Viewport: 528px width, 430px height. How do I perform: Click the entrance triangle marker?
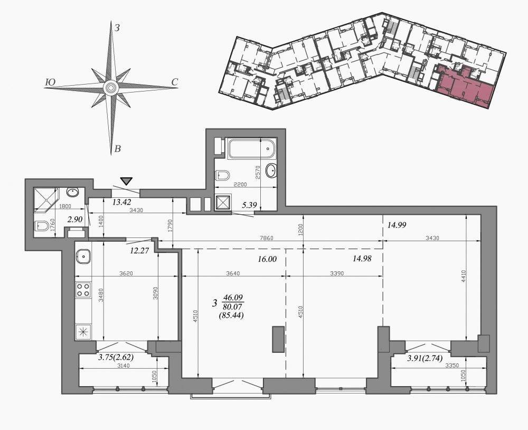(126, 181)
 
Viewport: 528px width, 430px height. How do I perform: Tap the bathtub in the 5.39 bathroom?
(252, 149)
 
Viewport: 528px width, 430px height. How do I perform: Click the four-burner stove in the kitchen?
(83, 289)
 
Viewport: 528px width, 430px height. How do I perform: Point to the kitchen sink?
(83, 257)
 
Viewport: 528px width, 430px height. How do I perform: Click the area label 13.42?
(121, 202)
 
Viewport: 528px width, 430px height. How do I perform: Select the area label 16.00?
(267, 259)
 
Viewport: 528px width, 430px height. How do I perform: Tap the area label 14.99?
(397, 225)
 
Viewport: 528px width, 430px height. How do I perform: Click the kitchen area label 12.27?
(139, 251)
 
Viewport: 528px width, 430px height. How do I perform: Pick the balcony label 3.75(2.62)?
(116, 358)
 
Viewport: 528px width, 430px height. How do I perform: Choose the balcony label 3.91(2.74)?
(425, 358)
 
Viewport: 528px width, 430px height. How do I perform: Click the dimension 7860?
(267, 238)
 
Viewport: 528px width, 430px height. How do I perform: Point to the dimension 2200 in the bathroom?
(240, 185)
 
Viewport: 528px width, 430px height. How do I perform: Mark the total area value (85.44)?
(231, 316)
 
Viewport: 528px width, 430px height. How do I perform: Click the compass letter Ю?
(50, 83)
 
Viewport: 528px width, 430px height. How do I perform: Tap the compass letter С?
(174, 82)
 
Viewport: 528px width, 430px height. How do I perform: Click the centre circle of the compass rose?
(110, 88)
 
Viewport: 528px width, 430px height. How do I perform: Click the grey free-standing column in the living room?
(278, 339)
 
